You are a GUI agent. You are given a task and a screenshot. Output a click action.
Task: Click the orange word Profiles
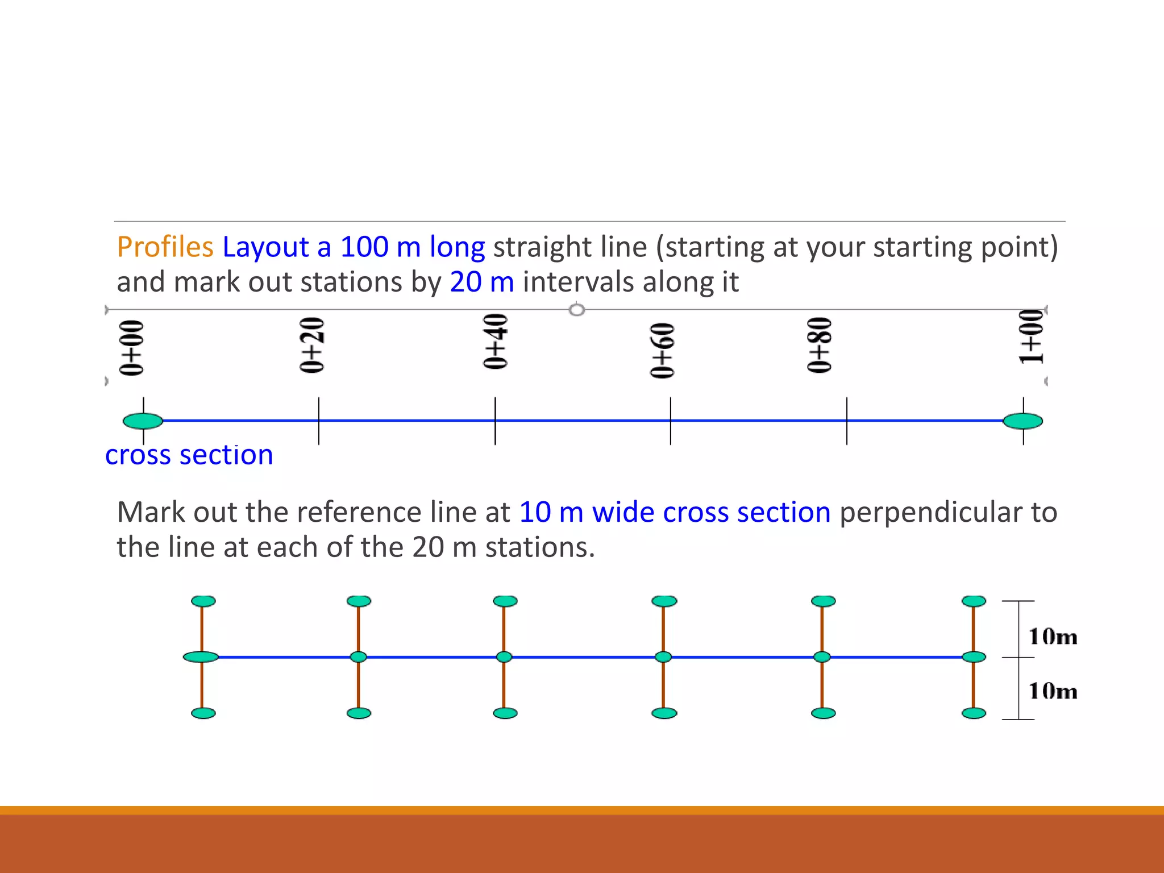165,247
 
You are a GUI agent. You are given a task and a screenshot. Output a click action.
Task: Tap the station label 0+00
132,348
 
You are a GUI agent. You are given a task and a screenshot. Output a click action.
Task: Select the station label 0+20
312,345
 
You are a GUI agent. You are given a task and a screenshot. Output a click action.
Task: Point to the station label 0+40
496,342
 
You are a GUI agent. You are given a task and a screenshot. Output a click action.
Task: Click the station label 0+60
663,350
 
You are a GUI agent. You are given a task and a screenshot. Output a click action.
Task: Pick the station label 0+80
820,345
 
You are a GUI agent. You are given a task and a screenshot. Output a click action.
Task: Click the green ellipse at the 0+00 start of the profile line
143,421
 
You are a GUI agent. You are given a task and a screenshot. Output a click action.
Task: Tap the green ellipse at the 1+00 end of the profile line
1022,421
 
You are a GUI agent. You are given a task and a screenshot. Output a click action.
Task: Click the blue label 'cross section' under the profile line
189,455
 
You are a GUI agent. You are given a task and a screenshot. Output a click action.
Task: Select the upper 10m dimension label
1053,637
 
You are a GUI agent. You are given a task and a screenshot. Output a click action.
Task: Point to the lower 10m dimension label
1053,691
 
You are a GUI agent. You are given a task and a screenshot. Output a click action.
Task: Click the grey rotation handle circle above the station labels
577,310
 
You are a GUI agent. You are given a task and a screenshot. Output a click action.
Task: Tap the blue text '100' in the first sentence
364,247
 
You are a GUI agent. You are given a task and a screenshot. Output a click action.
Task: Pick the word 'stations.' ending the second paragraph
540,548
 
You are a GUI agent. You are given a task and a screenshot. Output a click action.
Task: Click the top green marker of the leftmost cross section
203,601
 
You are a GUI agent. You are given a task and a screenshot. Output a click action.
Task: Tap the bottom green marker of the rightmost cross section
974,713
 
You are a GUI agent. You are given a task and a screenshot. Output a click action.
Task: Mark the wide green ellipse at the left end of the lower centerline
201,657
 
